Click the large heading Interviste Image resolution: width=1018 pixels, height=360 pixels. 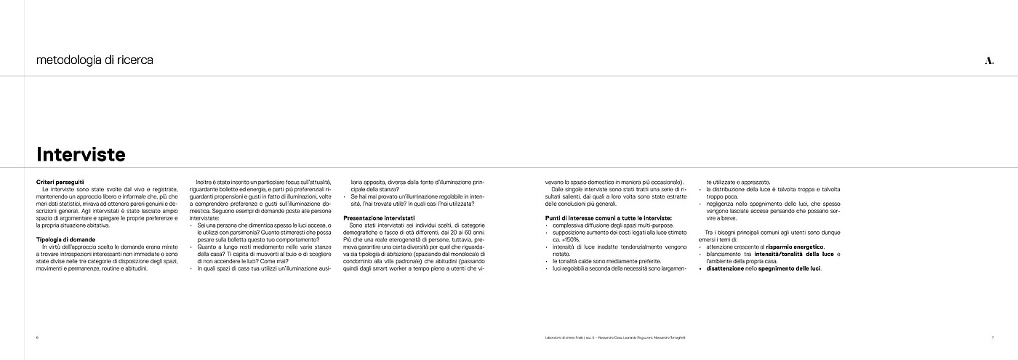tap(81, 154)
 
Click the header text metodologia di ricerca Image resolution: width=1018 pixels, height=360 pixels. tap(95, 60)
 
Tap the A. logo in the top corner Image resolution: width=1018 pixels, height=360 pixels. tap(988, 61)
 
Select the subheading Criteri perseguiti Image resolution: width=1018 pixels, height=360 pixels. tap(60, 181)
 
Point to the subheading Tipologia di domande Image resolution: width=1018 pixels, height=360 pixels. tap(65, 239)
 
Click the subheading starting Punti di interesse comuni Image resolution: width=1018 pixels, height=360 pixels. tap(608, 218)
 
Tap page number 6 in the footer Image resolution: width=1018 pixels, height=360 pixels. tap(37, 337)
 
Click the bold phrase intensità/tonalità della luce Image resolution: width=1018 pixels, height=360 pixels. tap(793, 254)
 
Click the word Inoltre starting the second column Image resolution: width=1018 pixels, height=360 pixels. tap(206, 181)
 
